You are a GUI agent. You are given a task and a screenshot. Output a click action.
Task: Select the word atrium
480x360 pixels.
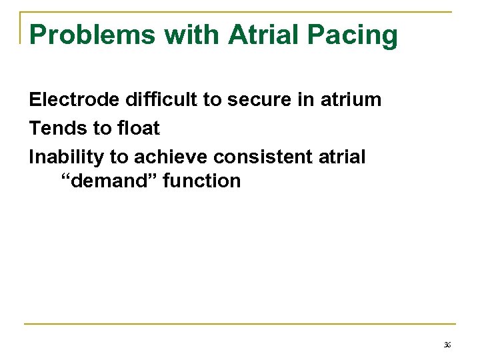pos(351,100)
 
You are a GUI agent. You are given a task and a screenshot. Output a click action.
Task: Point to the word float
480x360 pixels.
pos(137,128)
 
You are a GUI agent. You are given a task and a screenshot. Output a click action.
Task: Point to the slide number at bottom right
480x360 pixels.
pos(447,345)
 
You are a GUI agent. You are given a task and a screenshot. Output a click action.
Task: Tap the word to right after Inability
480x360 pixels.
pos(118,157)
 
